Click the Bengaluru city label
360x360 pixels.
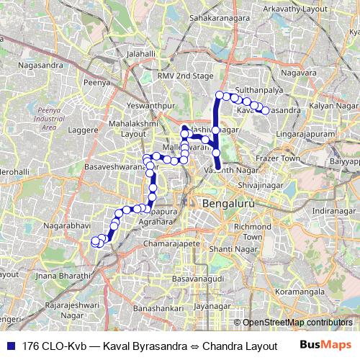coord(228,204)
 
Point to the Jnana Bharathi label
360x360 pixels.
coord(48,275)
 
